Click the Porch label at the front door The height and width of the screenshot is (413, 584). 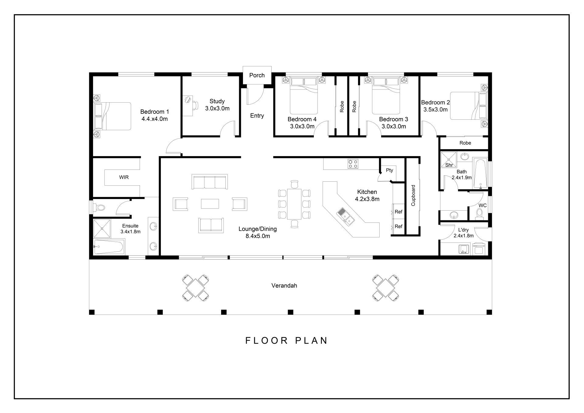257,75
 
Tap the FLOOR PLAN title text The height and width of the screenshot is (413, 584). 286,340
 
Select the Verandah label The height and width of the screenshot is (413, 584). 284,285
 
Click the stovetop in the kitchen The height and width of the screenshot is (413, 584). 353,164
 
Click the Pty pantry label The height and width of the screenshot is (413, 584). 389,170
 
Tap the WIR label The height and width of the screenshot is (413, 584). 124,177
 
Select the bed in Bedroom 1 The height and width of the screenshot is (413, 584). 113,116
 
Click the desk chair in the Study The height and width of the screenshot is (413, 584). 188,100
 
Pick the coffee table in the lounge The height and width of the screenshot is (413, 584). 210,204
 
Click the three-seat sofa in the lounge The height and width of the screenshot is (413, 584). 210,182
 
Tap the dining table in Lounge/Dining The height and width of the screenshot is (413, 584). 294,204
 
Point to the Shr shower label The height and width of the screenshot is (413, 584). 449,165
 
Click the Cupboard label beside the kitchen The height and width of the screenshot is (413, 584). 413,195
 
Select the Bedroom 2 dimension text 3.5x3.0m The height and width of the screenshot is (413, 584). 436,110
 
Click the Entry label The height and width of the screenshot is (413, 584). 257,116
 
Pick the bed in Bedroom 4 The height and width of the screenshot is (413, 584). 304,96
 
